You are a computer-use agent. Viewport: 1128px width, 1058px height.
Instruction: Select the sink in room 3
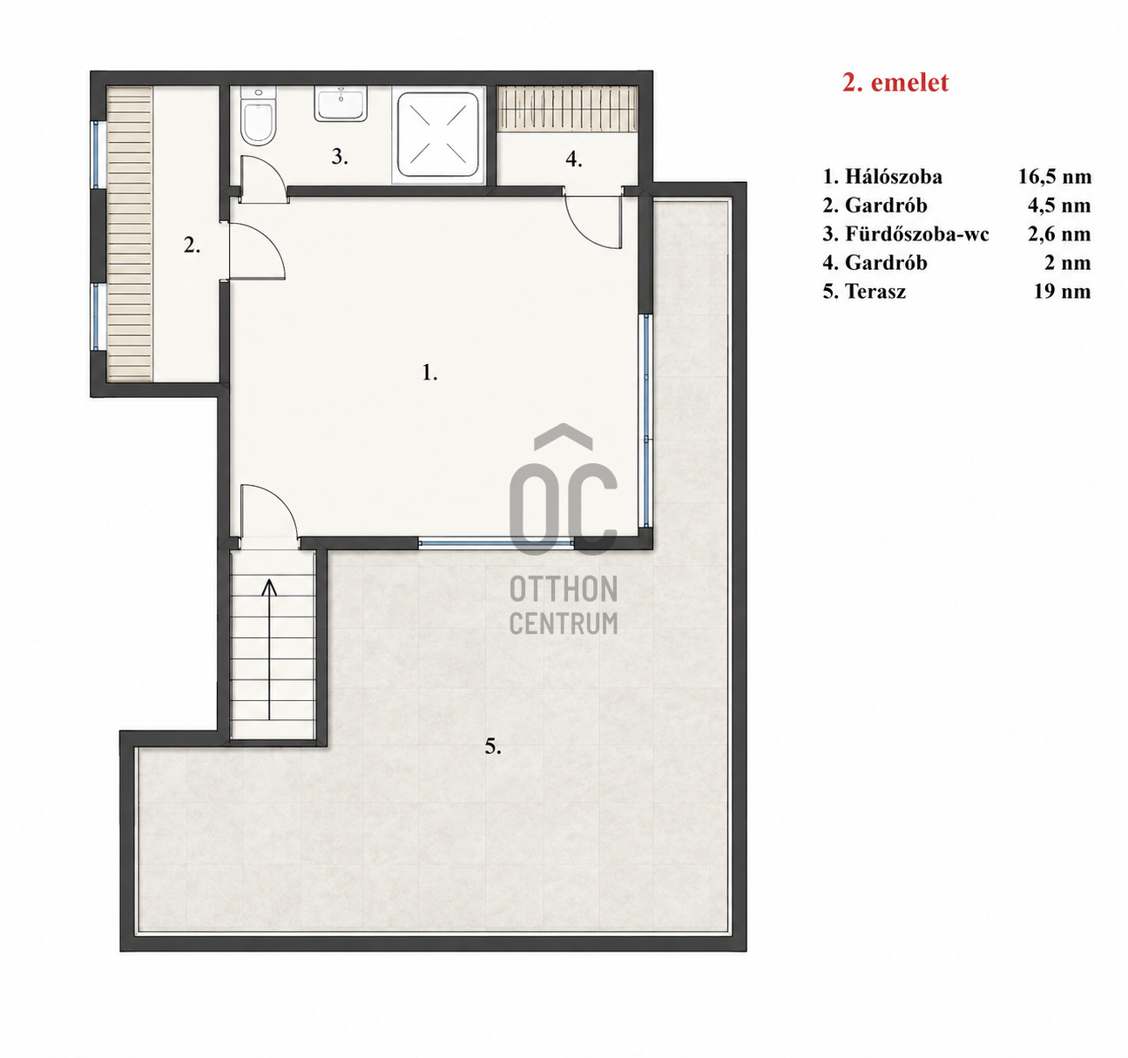[341, 103]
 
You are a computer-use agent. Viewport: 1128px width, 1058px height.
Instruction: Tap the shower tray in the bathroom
[438, 135]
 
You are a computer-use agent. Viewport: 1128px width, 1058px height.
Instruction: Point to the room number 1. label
[430, 373]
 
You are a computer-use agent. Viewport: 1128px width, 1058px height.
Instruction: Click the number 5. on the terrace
[493, 747]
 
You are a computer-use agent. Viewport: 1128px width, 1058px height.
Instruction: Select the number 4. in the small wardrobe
[574, 159]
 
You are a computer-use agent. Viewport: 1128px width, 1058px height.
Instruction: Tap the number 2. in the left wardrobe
[192, 246]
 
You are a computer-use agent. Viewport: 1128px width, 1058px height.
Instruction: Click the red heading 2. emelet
[895, 83]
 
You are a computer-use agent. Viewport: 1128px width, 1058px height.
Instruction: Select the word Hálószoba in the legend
[894, 177]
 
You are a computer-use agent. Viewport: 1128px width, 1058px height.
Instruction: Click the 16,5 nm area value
[1055, 177]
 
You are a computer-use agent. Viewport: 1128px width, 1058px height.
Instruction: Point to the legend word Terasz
[875, 292]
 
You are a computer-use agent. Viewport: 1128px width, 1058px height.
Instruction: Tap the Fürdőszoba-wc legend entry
[916, 234]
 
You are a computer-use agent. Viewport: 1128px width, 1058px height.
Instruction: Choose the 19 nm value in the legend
[1062, 292]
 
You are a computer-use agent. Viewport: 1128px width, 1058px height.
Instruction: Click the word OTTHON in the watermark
[564, 589]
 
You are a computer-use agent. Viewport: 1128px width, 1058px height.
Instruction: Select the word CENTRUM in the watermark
[564, 623]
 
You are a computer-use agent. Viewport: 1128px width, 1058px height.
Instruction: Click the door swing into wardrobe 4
[592, 221]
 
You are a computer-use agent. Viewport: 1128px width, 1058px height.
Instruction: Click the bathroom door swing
[264, 179]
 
